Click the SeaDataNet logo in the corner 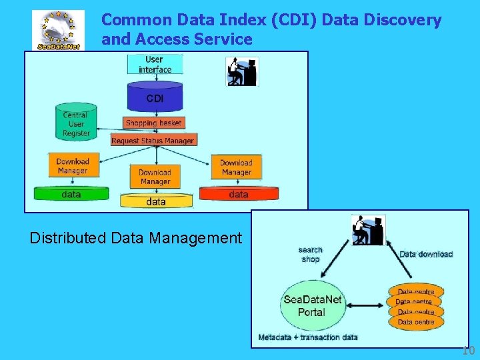pos(59,31)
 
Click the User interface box pos(155,65)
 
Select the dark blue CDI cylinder pos(155,97)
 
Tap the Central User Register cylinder pos(76,123)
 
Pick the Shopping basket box pos(153,123)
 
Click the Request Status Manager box pos(153,140)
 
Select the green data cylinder pos(71,194)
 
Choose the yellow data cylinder pos(156,200)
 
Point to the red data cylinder pos(238,194)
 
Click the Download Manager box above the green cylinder pos(72,166)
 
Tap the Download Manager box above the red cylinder pos(236,167)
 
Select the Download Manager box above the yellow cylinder pos(155,177)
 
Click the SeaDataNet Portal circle pos(312,306)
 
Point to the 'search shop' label pos(311,255)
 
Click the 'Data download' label pos(426,254)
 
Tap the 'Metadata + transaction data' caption pos(308,337)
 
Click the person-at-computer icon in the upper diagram pos(241,71)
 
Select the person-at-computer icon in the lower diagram pos(367,231)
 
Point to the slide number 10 pos(468,351)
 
